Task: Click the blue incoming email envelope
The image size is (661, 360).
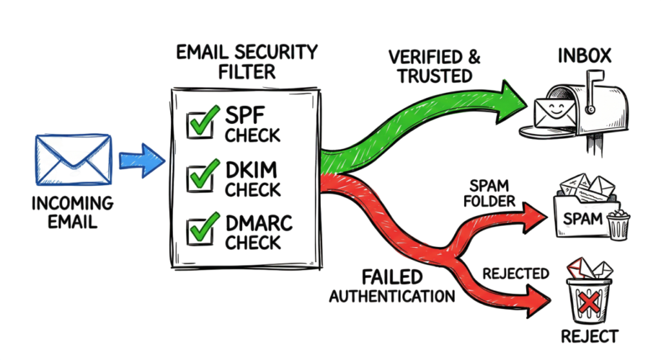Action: (x=74, y=160)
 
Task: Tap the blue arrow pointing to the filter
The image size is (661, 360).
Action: (x=141, y=161)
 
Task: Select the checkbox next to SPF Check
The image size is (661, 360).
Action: (x=201, y=124)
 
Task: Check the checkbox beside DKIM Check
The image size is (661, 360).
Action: (x=201, y=177)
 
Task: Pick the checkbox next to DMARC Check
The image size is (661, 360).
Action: (x=201, y=230)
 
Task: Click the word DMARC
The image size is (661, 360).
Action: (x=259, y=223)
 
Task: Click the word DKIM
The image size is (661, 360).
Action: (x=251, y=170)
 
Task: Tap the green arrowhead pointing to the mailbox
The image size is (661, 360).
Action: (x=511, y=102)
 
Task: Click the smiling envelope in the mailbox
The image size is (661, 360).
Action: (x=554, y=112)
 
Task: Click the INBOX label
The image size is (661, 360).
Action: (x=584, y=55)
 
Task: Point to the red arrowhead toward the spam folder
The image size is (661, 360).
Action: (x=534, y=217)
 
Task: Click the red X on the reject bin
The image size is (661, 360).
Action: (x=589, y=303)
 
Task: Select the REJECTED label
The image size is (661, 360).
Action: (x=516, y=274)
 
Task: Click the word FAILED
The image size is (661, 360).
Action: (x=392, y=277)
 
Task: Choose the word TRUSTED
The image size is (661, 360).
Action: (x=434, y=76)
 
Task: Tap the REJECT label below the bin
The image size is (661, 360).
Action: (x=589, y=336)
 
